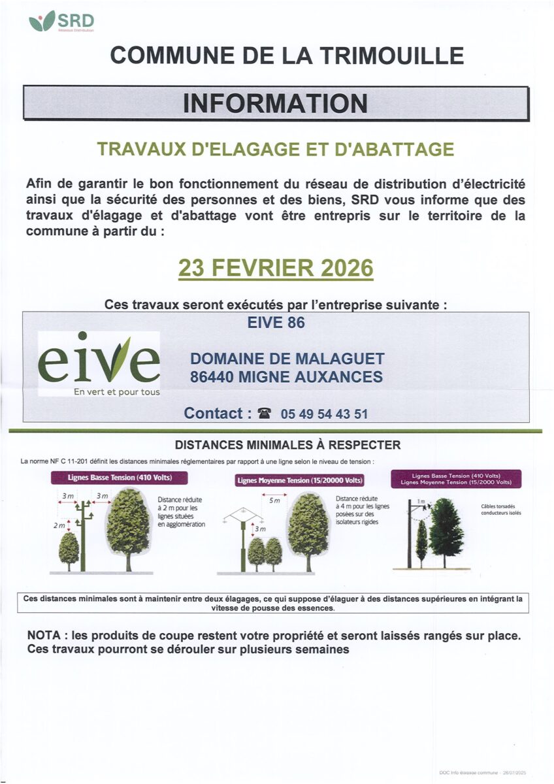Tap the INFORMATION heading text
click(x=275, y=103)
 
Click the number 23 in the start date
click(x=193, y=268)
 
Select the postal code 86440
click(x=212, y=377)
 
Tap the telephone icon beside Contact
click(x=264, y=414)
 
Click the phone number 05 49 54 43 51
click(x=324, y=414)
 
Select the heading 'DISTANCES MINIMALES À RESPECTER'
click(x=287, y=446)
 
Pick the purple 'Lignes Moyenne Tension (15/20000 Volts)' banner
click(x=299, y=481)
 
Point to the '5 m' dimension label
click(x=274, y=500)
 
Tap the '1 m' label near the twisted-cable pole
click(x=421, y=501)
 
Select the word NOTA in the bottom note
click(x=44, y=636)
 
